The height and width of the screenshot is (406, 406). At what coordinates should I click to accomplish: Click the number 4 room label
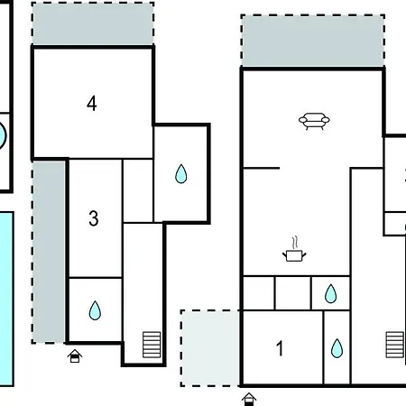click(x=92, y=104)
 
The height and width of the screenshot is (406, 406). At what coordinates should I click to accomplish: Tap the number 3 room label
click(x=94, y=218)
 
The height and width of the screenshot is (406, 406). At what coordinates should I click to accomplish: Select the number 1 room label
click(x=280, y=348)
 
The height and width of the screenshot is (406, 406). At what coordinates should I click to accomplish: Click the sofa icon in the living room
click(x=314, y=121)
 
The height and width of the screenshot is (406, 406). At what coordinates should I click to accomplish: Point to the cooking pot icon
click(x=294, y=255)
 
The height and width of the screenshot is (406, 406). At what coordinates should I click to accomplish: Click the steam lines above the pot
click(x=296, y=243)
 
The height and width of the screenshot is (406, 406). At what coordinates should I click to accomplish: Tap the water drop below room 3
click(x=95, y=310)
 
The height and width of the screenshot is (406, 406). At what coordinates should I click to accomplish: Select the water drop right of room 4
click(x=181, y=173)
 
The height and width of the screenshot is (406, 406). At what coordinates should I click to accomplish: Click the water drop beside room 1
click(x=337, y=348)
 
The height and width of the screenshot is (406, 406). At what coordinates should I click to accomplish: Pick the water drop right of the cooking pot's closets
click(x=330, y=293)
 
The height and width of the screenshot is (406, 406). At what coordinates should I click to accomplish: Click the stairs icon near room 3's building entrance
click(x=152, y=345)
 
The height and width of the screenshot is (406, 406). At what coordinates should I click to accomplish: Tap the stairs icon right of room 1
click(x=395, y=345)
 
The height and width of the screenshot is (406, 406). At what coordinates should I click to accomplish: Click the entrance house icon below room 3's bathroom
click(x=75, y=356)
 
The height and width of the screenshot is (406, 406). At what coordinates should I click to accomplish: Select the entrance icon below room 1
click(x=249, y=400)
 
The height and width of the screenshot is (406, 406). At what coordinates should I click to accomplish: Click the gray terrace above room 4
click(x=93, y=23)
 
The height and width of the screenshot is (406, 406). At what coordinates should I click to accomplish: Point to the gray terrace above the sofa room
click(x=313, y=41)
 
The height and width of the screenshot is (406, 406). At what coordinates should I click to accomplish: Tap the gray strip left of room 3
click(x=49, y=252)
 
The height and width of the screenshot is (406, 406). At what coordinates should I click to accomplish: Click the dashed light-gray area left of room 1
click(x=210, y=348)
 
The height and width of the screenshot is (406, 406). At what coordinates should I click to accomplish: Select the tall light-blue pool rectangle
click(x=6, y=299)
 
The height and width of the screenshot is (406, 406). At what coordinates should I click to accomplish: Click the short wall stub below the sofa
click(x=262, y=168)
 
